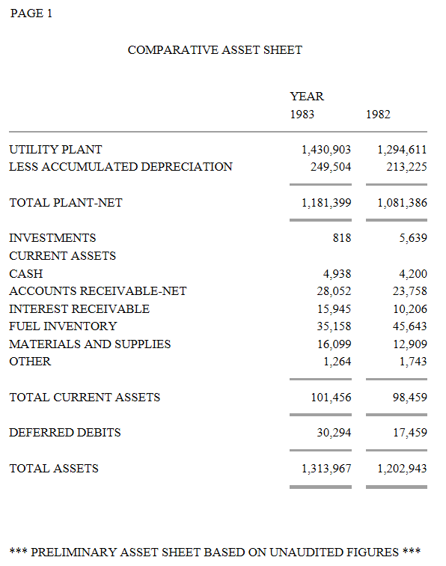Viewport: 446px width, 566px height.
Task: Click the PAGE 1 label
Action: click(x=31, y=13)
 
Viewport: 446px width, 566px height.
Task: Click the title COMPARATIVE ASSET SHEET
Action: click(x=215, y=50)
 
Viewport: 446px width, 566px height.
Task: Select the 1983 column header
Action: click(x=302, y=115)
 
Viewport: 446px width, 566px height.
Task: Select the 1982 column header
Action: click(x=378, y=115)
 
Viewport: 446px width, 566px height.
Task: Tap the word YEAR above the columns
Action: click(x=307, y=97)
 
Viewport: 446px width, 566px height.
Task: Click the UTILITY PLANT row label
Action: click(x=55, y=150)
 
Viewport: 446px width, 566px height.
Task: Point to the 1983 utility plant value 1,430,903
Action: click(x=326, y=150)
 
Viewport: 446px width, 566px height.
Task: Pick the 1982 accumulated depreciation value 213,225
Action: click(x=406, y=167)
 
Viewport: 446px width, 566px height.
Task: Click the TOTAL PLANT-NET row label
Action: click(x=66, y=202)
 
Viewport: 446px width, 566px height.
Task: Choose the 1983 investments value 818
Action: click(x=342, y=238)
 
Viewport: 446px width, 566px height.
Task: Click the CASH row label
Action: click(x=26, y=273)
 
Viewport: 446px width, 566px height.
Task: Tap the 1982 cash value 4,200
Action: click(x=413, y=273)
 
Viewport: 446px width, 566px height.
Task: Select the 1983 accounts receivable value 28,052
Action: click(x=334, y=291)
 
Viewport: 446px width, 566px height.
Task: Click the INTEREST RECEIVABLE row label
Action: click(x=79, y=309)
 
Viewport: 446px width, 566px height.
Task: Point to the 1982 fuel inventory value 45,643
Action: click(x=409, y=326)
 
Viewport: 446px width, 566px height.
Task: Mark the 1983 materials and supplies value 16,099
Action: click(x=334, y=344)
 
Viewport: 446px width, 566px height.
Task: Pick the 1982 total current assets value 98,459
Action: click(x=409, y=398)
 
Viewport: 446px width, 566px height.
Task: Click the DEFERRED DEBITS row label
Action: click(x=65, y=433)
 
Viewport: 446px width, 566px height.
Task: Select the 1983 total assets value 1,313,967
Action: click(x=326, y=469)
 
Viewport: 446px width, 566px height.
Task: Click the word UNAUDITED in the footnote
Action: click(x=308, y=553)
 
